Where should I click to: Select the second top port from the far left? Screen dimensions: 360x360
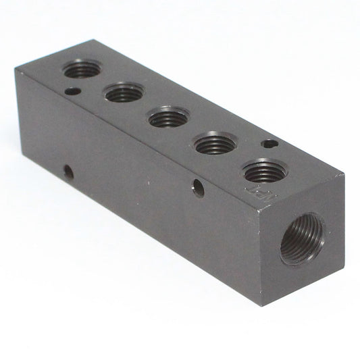point(124,93)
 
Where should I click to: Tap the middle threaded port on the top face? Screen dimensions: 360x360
point(168,118)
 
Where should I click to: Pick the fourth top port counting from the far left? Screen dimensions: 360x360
point(213,143)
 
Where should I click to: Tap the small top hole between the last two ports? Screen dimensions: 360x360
point(269,143)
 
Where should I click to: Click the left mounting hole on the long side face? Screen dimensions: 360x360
point(68,172)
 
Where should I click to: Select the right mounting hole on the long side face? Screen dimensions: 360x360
point(198,188)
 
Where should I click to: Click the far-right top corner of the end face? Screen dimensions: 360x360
point(344,175)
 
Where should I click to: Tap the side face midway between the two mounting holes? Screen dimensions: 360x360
point(133,180)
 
